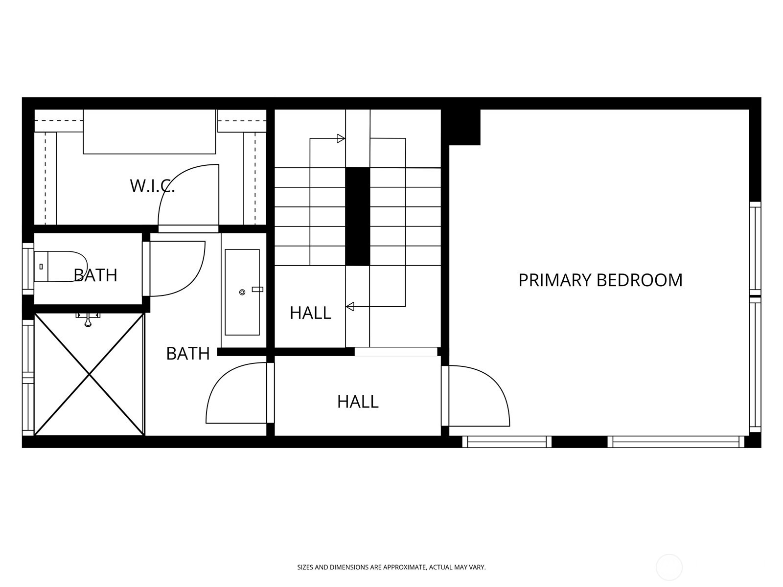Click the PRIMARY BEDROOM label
pos(600,280)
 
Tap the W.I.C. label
pos(152,186)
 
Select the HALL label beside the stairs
pos(310,313)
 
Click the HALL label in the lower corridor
pos(358,402)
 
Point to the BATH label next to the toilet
pos(96,275)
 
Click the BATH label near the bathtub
pos(188,354)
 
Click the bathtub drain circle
pos(242,293)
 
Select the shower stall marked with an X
pos(90,375)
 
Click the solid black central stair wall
pos(357,217)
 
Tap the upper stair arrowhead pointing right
pos(341,138)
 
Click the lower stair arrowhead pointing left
pos(350,307)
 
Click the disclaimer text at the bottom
pos(391,567)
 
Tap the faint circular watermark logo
pos(669,568)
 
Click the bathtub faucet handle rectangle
pos(257,290)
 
